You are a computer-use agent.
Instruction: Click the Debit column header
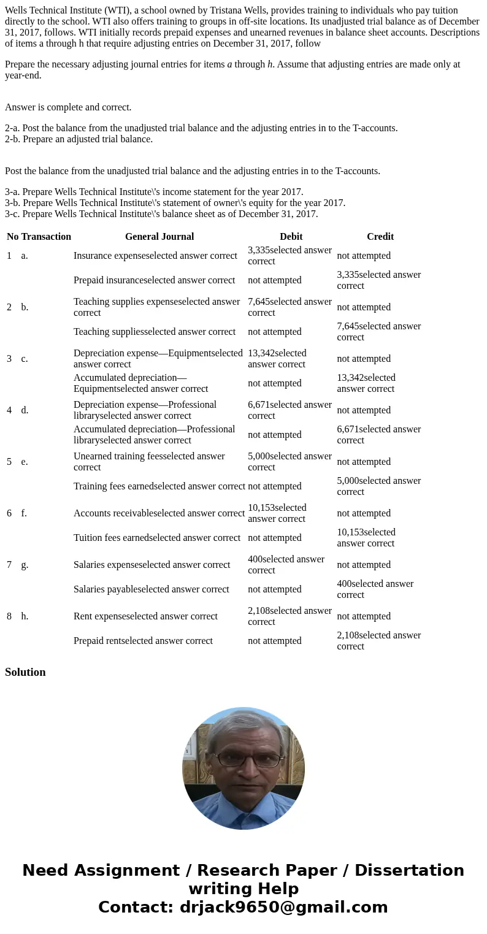click(291, 237)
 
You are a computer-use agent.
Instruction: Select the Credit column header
click(380, 237)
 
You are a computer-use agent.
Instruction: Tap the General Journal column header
click(159, 237)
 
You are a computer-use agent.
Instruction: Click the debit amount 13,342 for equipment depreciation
click(277, 359)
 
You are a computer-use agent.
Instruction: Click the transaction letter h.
click(24, 616)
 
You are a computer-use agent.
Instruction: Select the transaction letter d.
click(25, 410)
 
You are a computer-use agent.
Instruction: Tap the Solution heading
click(25, 672)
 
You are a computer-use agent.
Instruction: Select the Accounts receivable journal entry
click(159, 513)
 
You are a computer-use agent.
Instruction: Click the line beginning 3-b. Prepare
click(175, 203)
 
